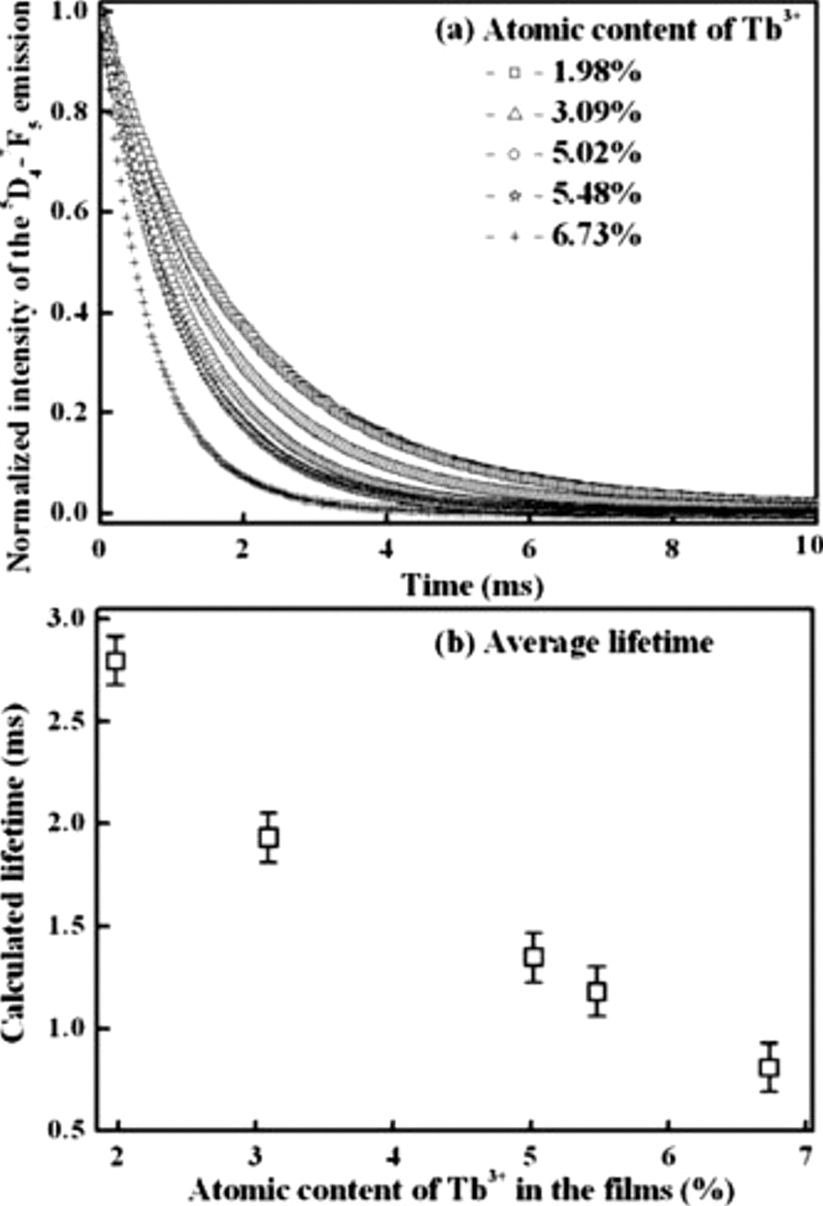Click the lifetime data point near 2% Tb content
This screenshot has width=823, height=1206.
(x=117, y=661)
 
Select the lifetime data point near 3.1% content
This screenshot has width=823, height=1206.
(x=269, y=837)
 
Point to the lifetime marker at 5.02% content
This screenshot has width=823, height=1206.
(x=533, y=957)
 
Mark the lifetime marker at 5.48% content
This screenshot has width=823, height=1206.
(x=597, y=992)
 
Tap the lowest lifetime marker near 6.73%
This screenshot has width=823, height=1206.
(x=769, y=1067)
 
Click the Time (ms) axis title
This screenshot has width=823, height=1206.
(x=472, y=586)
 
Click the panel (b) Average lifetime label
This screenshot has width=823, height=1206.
(x=574, y=643)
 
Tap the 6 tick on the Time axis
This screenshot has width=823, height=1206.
(x=529, y=548)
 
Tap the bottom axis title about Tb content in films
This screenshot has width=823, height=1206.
(x=461, y=1189)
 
